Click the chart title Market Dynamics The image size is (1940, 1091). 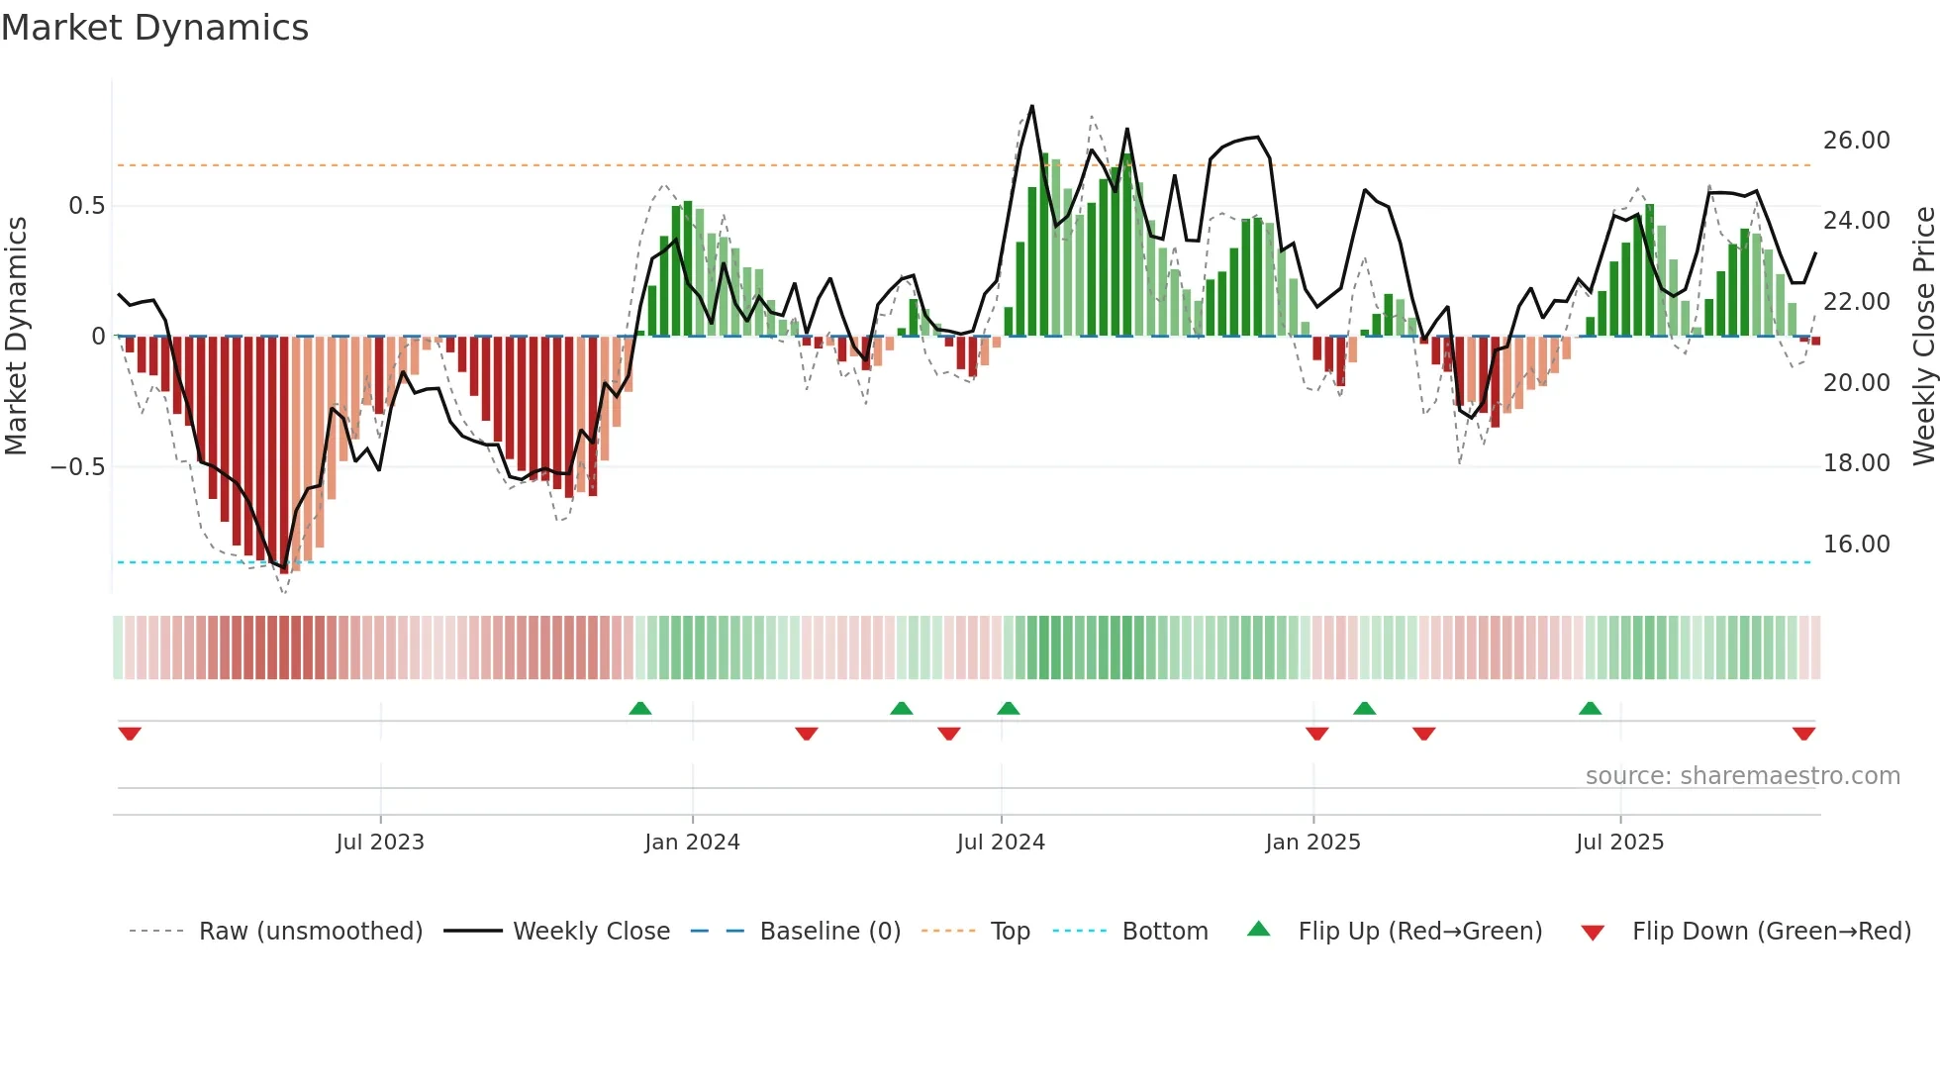[x=154, y=28]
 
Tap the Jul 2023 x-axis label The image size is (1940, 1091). [x=380, y=843]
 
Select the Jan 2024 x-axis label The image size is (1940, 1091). [x=692, y=843]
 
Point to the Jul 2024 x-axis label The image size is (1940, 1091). [x=1001, y=843]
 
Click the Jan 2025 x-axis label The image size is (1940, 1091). [x=1312, y=843]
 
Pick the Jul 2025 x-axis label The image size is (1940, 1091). [x=1619, y=843]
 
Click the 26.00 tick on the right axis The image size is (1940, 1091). [x=1856, y=141]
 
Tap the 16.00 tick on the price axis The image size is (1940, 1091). [x=1856, y=545]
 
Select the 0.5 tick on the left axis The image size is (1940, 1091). [x=87, y=206]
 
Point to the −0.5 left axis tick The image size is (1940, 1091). [x=78, y=467]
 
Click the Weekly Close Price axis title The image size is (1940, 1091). [x=1923, y=337]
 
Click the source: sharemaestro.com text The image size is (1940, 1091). [x=1742, y=776]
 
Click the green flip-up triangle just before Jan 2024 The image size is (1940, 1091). [x=640, y=708]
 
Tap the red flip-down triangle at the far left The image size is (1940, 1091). [x=130, y=734]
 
